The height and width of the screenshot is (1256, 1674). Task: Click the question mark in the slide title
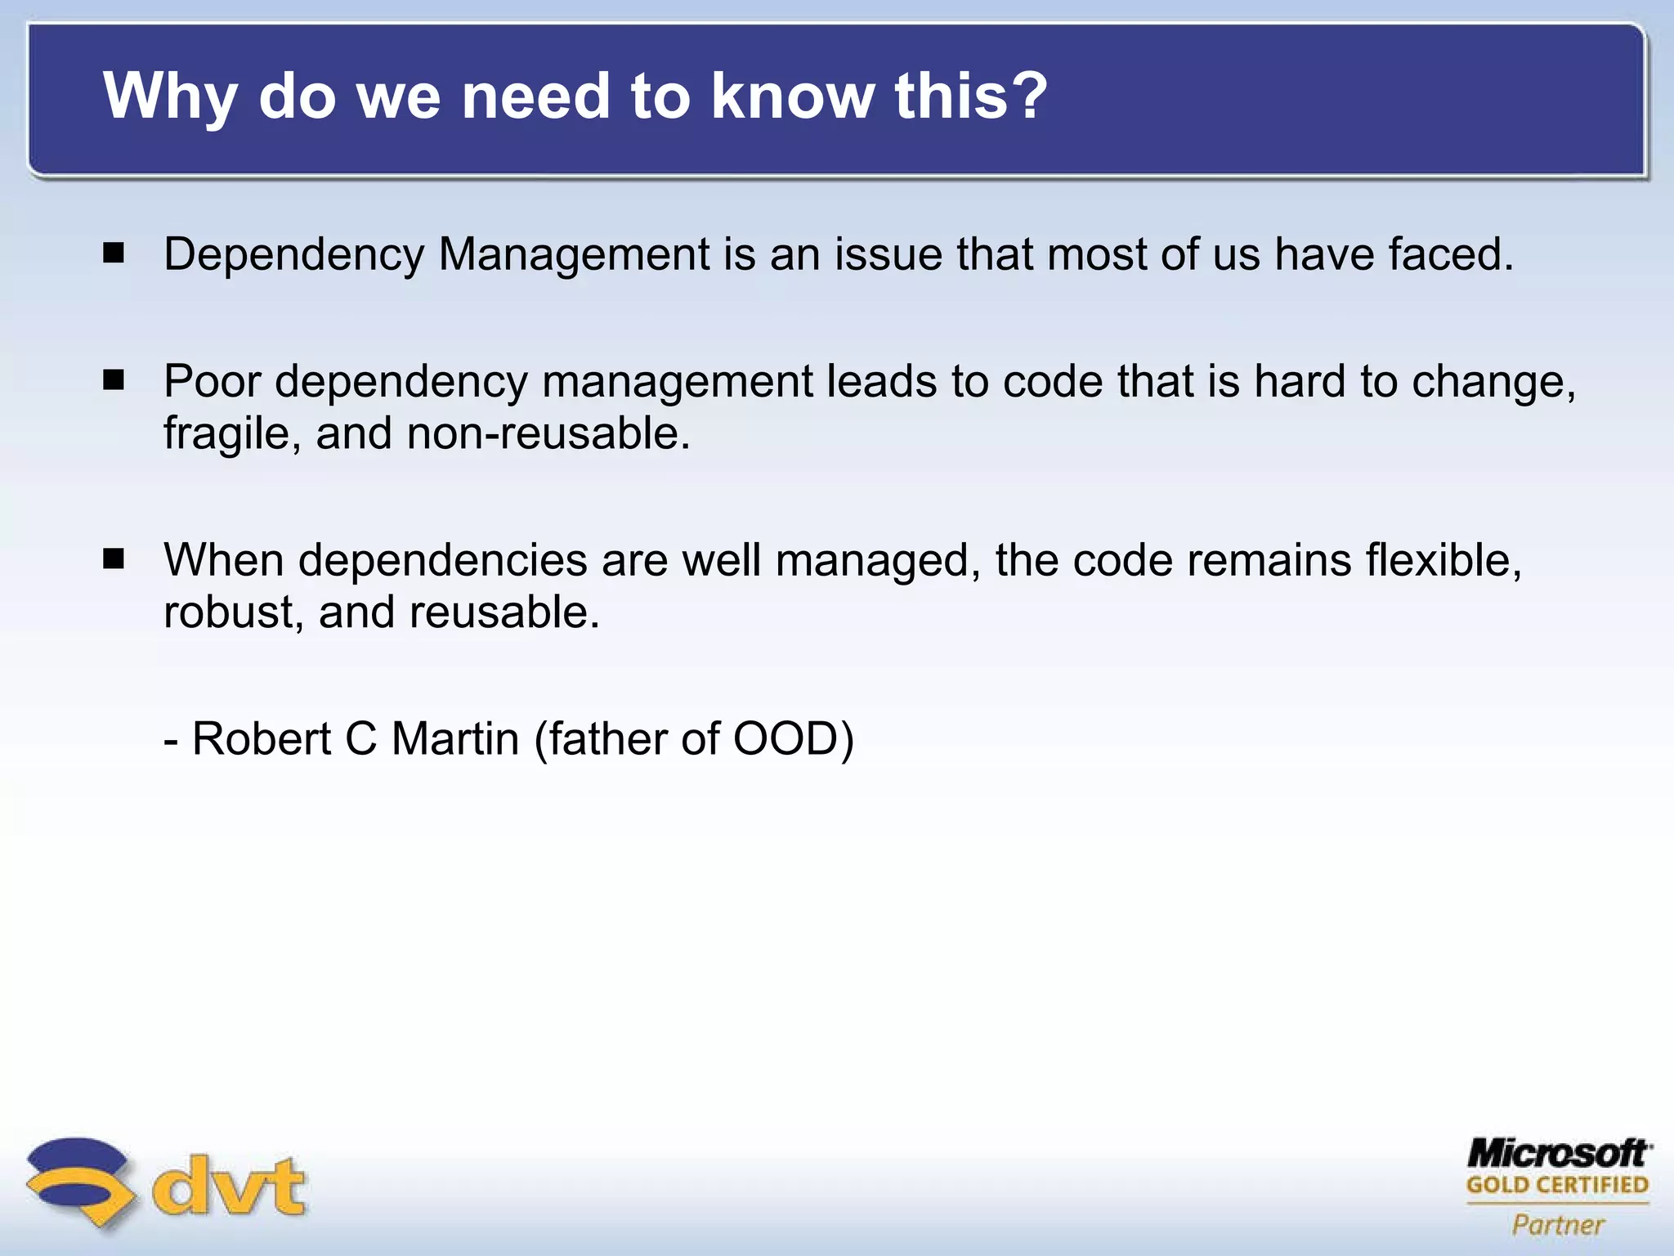[x=1024, y=96]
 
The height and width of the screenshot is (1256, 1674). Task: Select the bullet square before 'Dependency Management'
[x=114, y=253]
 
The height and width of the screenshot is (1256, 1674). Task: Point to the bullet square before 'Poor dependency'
[x=114, y=380]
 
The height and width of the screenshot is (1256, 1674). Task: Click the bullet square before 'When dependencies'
[x=114, y=559]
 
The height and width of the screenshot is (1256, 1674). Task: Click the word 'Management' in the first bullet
[x=574, y=255]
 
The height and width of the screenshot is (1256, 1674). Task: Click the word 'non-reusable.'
[x=548, y=433]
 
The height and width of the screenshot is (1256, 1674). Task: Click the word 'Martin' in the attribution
[x=454, y=738]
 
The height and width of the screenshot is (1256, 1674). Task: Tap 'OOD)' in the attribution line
[x=793, y=738]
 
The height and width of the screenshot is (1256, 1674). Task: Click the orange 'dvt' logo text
[x=230, y=1186]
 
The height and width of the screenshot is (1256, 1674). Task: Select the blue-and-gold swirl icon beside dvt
[x=79, y=1181]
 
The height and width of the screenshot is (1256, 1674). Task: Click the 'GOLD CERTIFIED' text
[x=1557, y=1185]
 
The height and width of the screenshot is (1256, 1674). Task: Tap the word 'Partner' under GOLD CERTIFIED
[x=1558, y=1225]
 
